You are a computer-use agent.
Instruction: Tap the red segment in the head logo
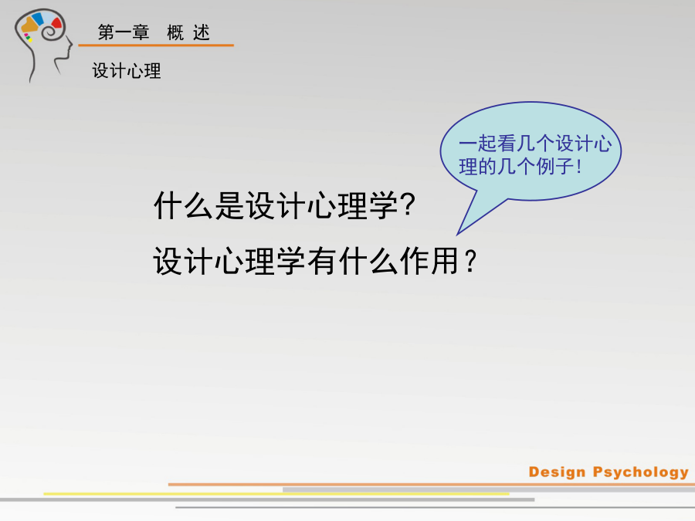(x=56, y=22)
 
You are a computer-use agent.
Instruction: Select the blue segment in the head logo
(x=38, y=19)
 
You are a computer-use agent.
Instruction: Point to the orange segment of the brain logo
(x=29, y=25)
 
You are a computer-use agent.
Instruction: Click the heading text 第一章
(x=124, y=32)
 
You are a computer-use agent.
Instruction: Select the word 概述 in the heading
(x=188, y=32)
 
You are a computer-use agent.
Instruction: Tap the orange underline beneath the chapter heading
(x=156, y=46)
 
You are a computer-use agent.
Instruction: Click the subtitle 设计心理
(x=127, y=71)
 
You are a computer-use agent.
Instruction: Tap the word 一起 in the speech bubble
(x=477, y=144)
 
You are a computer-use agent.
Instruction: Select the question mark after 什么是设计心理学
(x=407, y=205)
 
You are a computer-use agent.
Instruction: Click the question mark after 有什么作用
(x=471, y=262)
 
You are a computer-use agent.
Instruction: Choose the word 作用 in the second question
(x=429, y=261)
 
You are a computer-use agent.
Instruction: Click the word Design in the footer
(x=557, y=472)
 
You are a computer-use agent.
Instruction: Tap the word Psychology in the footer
(x=641, y=472)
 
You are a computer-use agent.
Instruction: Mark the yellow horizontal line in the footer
(x=276, y=493)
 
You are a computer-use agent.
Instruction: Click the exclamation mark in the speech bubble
(x=579, y=167)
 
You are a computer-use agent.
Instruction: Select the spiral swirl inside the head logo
(x=50, y=31)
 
